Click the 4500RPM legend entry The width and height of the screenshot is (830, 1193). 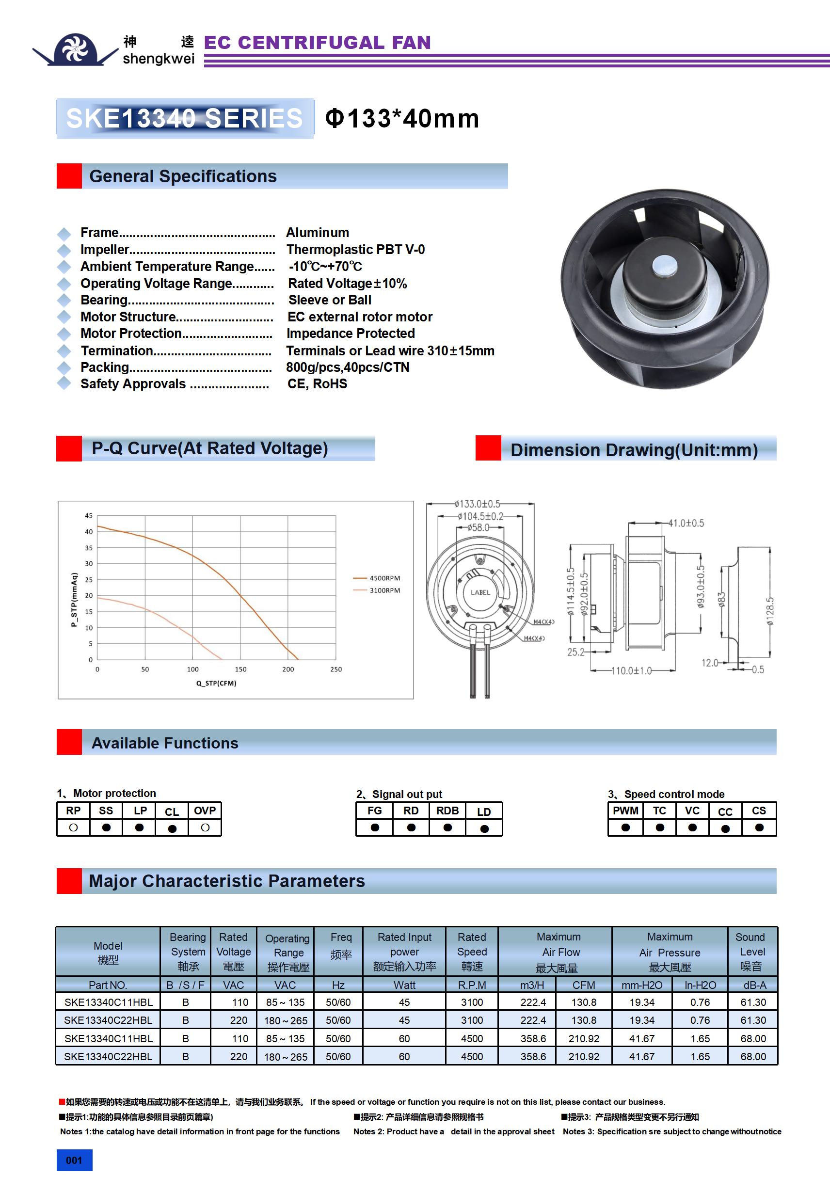[x=384, y=578]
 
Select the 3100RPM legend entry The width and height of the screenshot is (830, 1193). [x=384, y=590]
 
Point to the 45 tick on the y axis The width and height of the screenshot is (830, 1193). [x=89, y=515]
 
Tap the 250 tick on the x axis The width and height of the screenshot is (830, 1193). [x=336, y=669]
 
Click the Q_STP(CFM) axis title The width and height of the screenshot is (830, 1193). [x=216, y=684]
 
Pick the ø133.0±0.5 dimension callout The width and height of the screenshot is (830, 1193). [x=477, y=504]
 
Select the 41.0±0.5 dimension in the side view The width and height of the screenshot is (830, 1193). [x=686, y=523]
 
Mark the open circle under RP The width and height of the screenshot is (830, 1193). [x=73, y=827]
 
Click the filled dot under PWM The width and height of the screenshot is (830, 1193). [x=625, y=827]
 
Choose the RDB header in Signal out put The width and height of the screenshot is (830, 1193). [x=447, y=811]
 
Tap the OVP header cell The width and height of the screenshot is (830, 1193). [x=205, y=811]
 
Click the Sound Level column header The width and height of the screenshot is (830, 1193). [x=751, y=952]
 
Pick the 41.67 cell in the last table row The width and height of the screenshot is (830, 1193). [x=641, y=1056]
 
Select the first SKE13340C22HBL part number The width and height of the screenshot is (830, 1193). [x=108, y=1020]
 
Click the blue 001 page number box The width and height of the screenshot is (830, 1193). [x=74, y=1160]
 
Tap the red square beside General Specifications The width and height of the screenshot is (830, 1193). [x=69, y=176]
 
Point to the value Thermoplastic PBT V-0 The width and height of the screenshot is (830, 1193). [x=355, y=249]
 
